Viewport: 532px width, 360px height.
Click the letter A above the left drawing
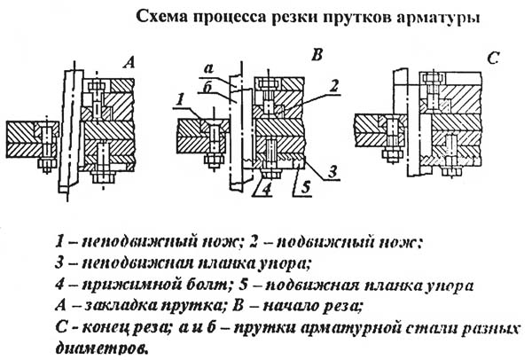coord(129,62)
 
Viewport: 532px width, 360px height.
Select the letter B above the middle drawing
coord(317,55)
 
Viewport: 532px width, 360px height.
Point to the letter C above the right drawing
coord(493,59)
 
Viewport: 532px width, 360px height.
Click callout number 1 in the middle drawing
coord(181,100)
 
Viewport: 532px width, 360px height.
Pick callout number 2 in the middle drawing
coord(334,86)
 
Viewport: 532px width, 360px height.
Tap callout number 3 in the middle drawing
coord(332,171)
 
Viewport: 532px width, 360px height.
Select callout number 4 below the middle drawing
coord(267,190)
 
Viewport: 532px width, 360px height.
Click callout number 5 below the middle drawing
coord(306,187)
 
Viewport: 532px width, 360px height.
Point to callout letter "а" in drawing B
coord(209,69)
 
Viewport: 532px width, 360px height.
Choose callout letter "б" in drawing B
coord(207,88)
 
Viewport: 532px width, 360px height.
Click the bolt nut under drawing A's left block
coord(46,163)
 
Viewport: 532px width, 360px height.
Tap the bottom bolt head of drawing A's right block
coord(103,177)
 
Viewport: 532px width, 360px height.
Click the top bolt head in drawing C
coord(433,79)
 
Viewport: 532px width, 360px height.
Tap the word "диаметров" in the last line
coord(101,348)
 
